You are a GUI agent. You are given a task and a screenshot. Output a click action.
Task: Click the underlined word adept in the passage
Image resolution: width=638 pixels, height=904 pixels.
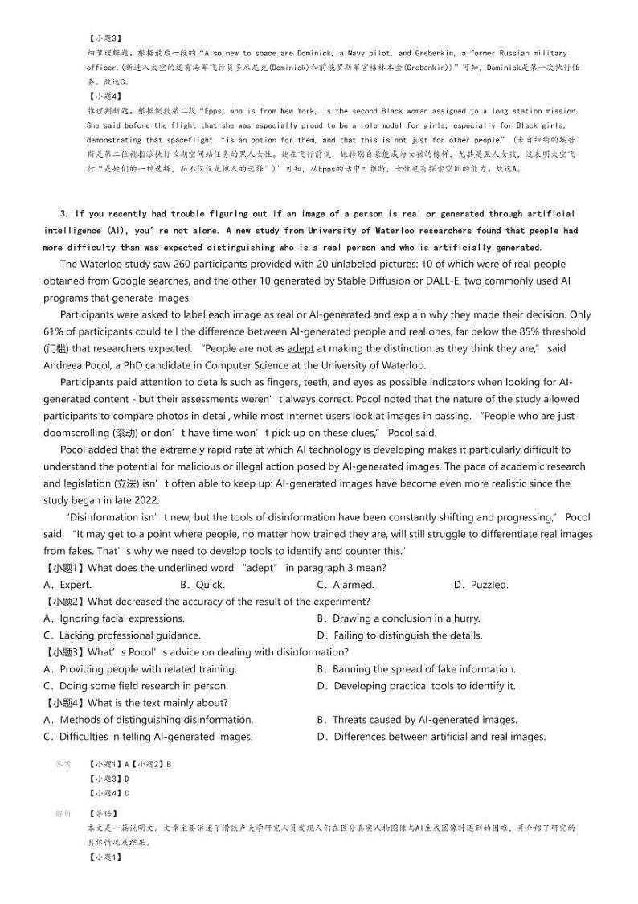tap(301, 348)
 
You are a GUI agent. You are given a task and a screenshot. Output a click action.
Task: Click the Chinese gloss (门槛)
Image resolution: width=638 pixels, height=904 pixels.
tap(55, 348)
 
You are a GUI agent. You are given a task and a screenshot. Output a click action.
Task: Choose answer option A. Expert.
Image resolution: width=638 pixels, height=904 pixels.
tap(67, 585)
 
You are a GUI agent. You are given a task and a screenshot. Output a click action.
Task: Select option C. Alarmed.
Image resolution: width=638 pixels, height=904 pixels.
tap(346, 585)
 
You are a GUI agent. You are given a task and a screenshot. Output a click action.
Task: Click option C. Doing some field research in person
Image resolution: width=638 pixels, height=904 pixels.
tap(136, 686)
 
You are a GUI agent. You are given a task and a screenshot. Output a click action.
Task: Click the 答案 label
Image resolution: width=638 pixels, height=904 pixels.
tap(63, 763)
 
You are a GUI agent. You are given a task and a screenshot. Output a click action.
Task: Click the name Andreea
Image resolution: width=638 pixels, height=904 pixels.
tap(65, 365)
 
